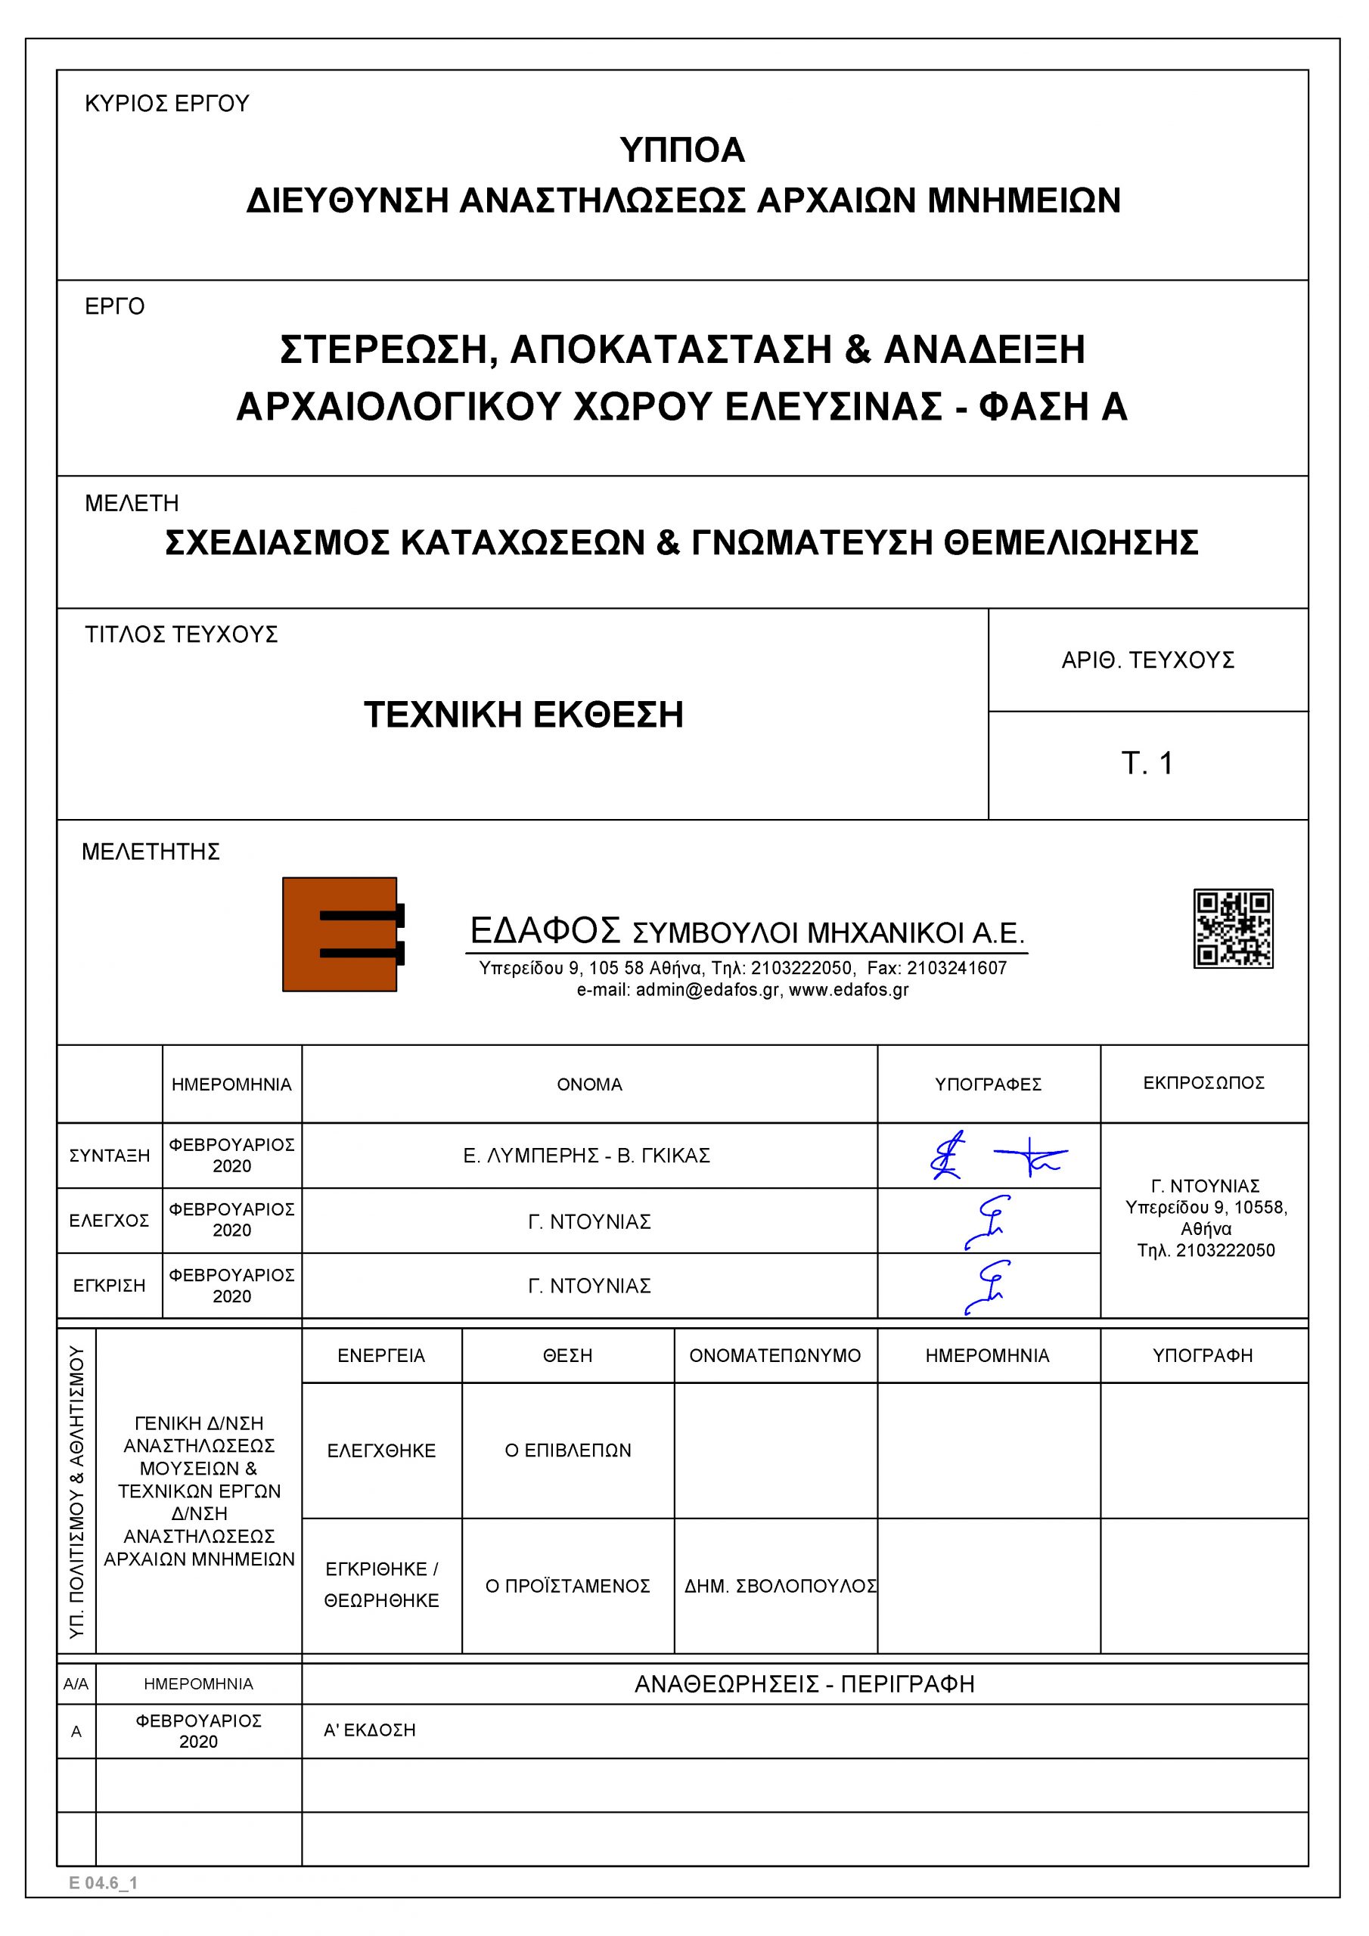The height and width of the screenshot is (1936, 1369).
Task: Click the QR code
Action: point(1232,929)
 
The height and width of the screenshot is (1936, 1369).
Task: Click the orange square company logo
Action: point(340,934)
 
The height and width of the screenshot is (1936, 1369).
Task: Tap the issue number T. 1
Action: point(1147,763)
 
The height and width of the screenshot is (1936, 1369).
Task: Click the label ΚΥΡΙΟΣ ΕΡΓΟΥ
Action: point(167,104)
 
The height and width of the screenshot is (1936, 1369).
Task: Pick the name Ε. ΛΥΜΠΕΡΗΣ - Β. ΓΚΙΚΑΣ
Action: point(587,1156)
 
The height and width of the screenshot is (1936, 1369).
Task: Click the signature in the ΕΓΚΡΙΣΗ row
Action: point(988,1286)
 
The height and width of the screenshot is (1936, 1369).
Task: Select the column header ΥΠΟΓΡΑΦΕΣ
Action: point(988,1084)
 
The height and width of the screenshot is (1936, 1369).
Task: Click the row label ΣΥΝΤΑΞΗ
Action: point(110,1156)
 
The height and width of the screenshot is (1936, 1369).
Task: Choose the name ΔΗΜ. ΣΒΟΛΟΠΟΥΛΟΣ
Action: point(781,1586)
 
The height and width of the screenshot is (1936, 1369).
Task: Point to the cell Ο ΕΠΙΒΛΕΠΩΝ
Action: point(568,1450)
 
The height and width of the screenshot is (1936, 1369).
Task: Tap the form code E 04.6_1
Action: point(103,1884)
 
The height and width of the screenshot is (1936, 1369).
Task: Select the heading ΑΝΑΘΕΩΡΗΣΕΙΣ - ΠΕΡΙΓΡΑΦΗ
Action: point(804,1684)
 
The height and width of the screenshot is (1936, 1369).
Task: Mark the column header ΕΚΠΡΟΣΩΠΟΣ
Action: point(1203,1083)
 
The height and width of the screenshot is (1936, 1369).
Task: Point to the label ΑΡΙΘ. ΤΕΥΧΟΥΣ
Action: point(1147,660)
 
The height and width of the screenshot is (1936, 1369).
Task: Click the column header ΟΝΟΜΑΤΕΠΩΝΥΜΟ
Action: point(775,1356)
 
